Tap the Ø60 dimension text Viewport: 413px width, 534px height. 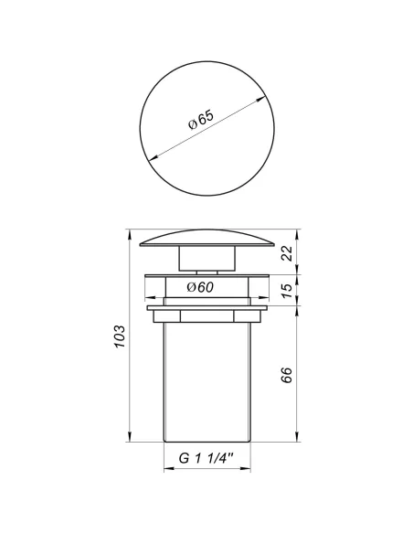click(200, 288)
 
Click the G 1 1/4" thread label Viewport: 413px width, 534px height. click(206, 459)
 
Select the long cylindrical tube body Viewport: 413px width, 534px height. click(206, 384)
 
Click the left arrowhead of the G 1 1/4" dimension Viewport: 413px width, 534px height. click(166, 473)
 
